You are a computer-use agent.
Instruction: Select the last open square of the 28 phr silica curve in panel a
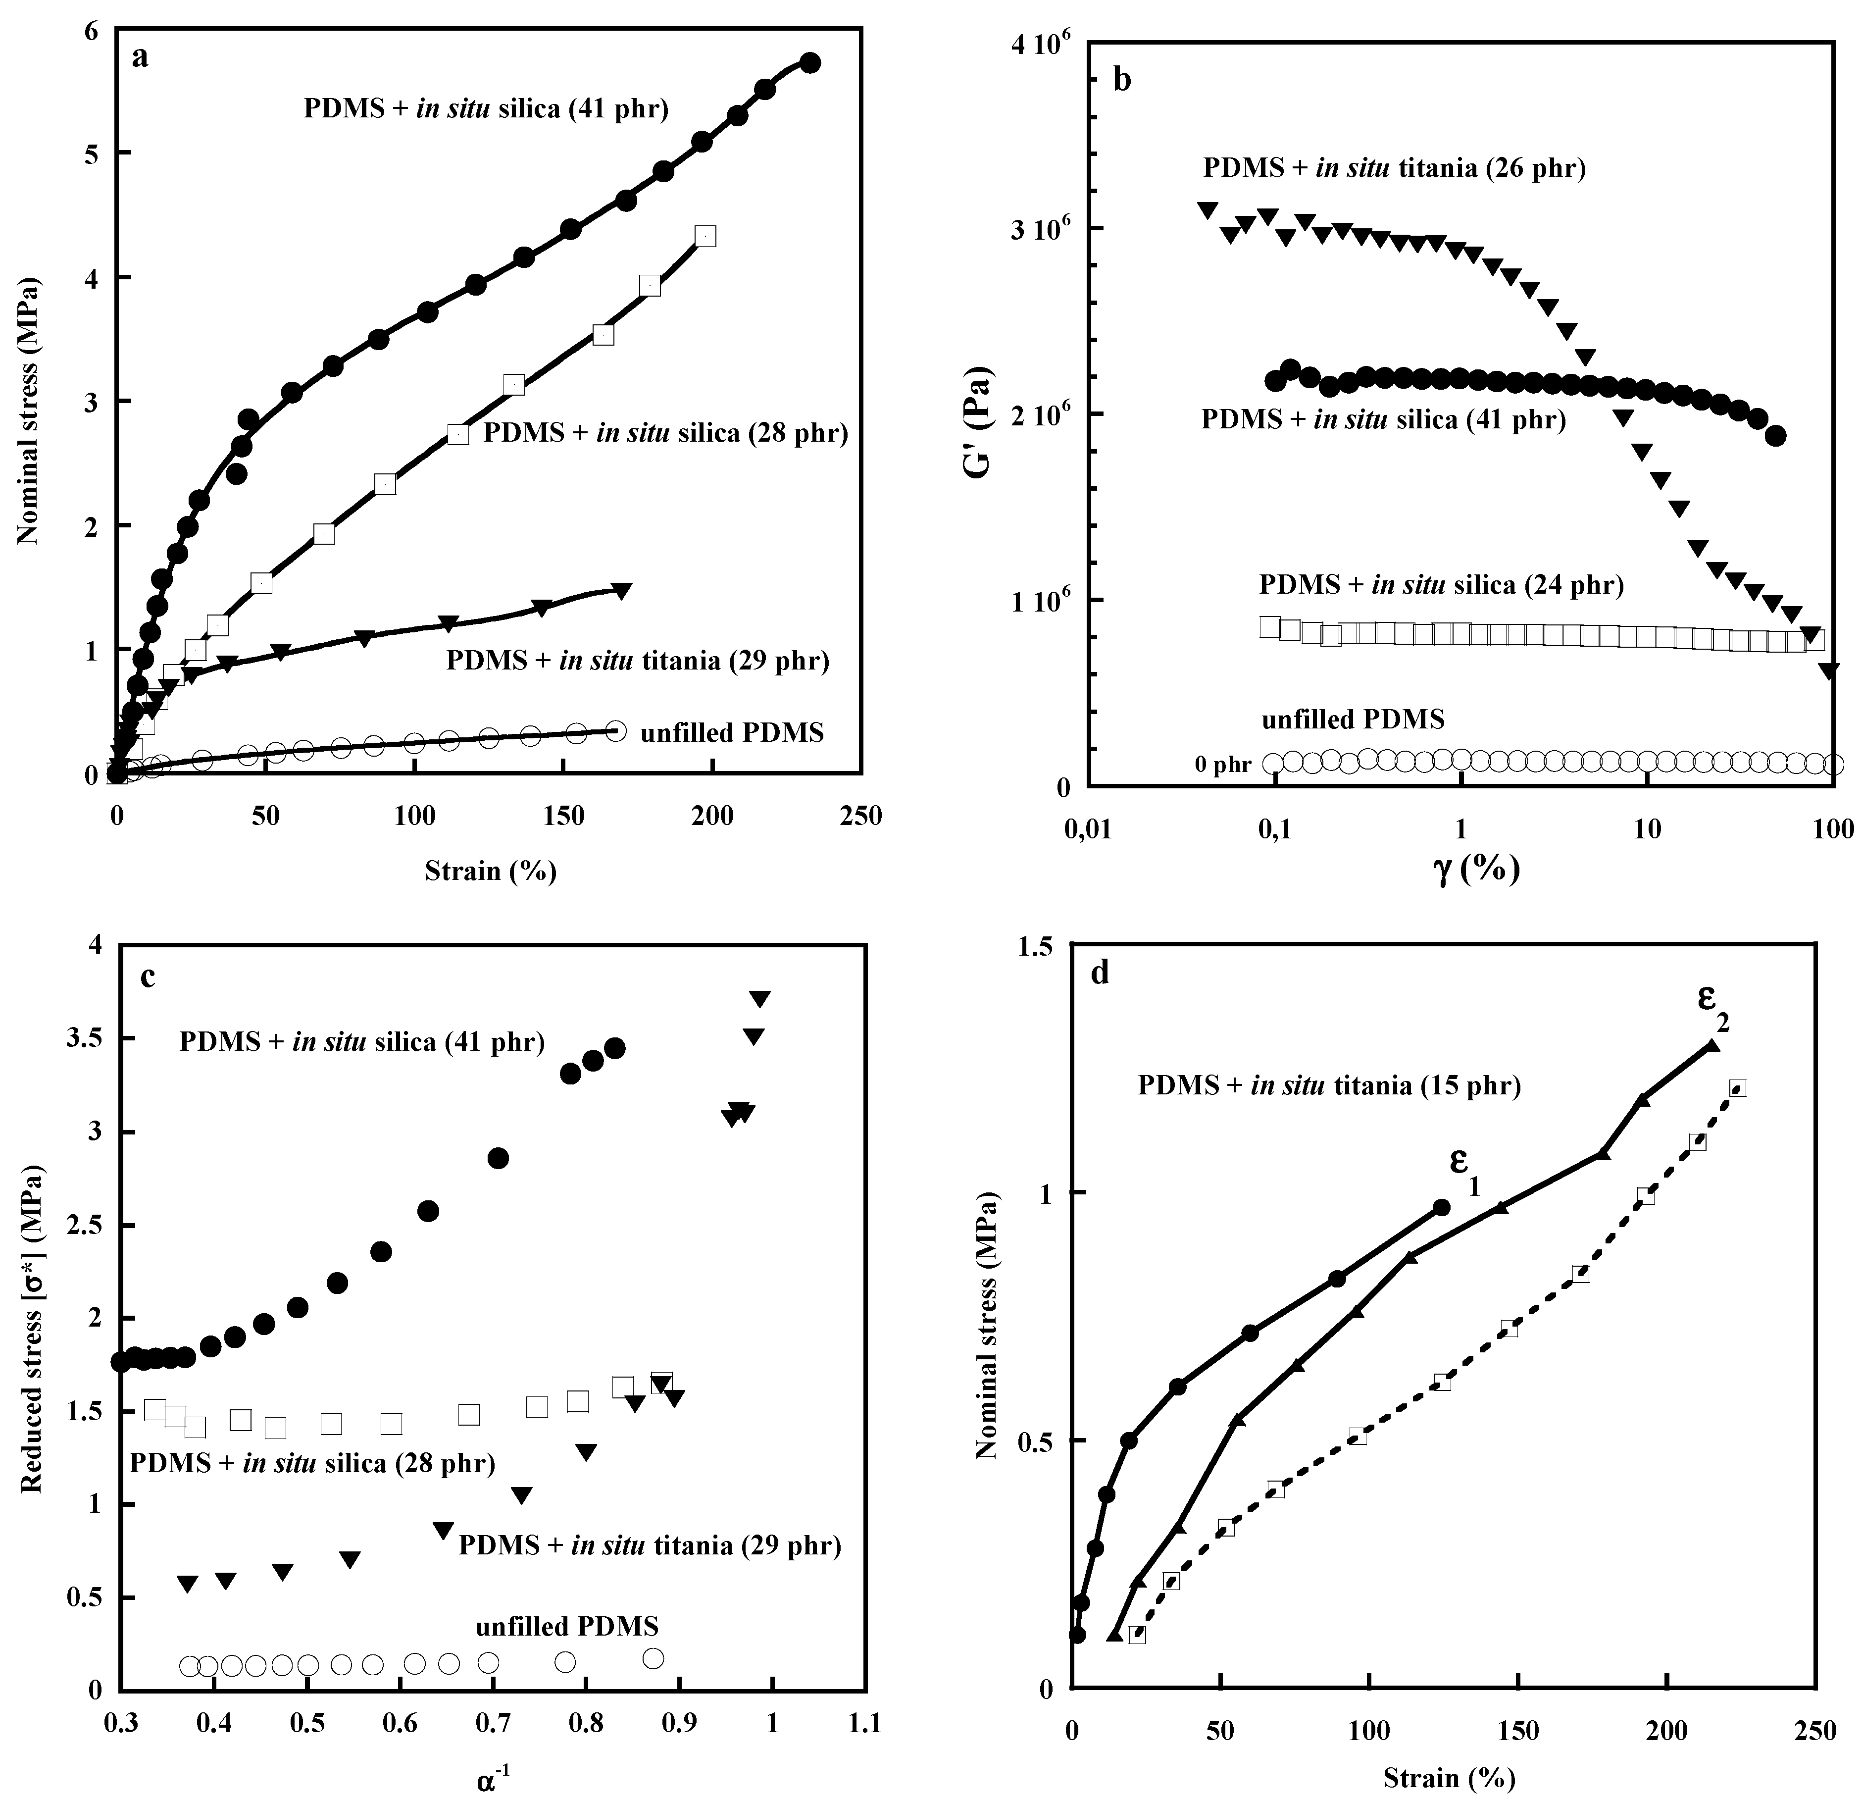click(705, 236)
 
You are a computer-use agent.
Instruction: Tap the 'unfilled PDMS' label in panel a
click(732, 733)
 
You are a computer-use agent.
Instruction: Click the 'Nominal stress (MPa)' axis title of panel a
click(29, 411)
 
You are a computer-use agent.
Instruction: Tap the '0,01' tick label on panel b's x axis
click(1089, 829)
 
